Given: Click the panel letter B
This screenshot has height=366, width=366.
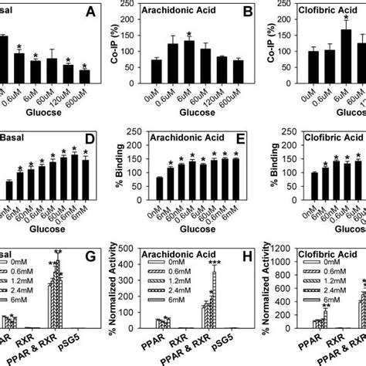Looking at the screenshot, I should pyautogui.click(x=232, y=12).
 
